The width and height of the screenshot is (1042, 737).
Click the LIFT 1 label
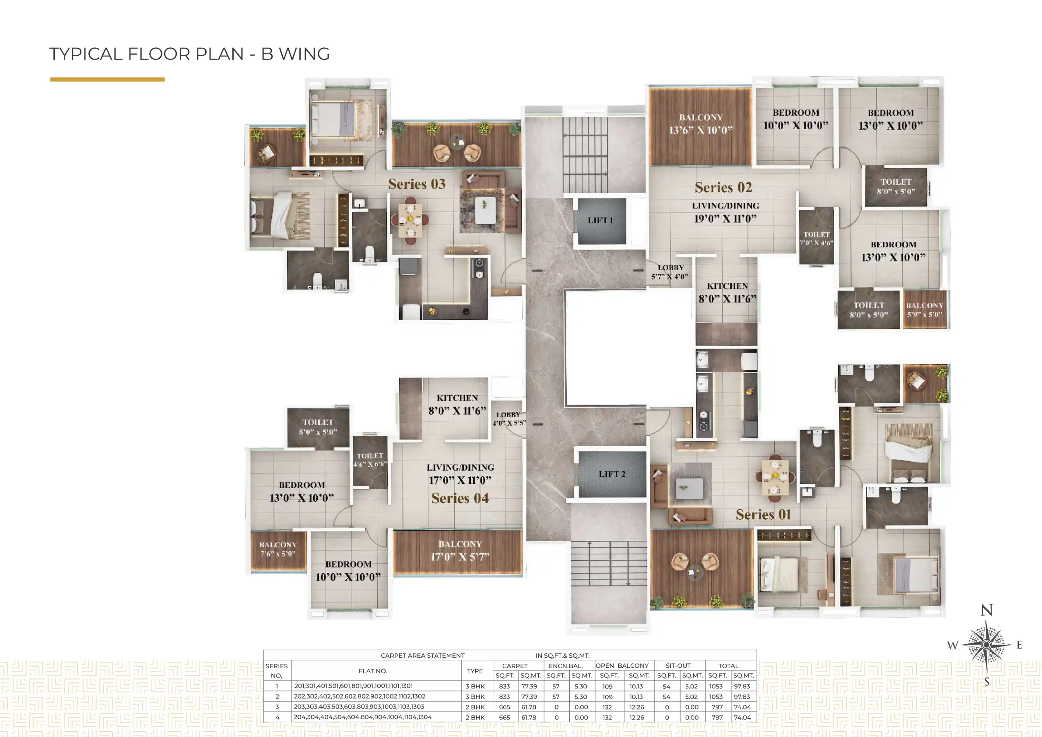pos(600,220)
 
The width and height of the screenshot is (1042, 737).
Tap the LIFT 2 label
pos(611,474)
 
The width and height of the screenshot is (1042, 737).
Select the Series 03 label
pos(417,184)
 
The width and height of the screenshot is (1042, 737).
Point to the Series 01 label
pos(763,515)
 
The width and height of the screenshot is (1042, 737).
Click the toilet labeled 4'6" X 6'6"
pos(370,459)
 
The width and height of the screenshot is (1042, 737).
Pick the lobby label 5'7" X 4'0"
pos(670,272)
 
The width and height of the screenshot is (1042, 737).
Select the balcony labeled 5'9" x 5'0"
pos(924,310)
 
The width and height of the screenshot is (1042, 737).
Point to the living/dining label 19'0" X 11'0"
pos(725,212)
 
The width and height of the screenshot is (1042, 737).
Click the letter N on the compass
pos(986,610)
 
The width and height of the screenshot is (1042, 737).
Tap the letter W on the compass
pos(953,645)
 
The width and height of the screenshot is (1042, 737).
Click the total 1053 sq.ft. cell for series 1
pos(716,686)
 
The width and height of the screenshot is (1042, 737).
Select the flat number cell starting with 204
pos(363,717)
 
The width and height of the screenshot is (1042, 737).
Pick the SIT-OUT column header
pos(678,666)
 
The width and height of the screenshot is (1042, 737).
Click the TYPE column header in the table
pos(475,671)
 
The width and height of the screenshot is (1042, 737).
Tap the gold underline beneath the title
pos(107,79)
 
